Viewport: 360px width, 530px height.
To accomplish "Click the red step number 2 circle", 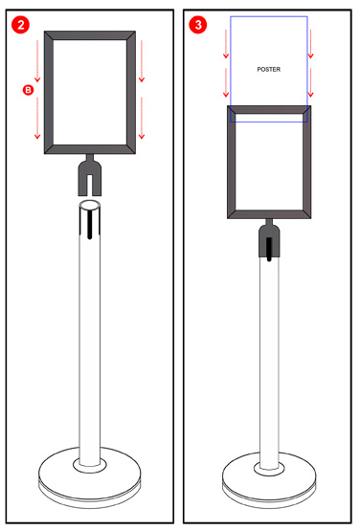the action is click(x=21, y=25).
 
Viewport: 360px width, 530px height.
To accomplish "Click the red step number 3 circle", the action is click(x=198, y=25).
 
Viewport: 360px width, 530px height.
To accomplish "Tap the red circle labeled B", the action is click(x=28, y=90).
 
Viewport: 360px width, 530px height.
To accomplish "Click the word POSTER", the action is click(x=269, y=69).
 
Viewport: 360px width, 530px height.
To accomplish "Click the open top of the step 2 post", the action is click(x=90, y=205).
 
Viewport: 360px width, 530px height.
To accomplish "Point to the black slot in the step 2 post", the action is click(x=90, y=224).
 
